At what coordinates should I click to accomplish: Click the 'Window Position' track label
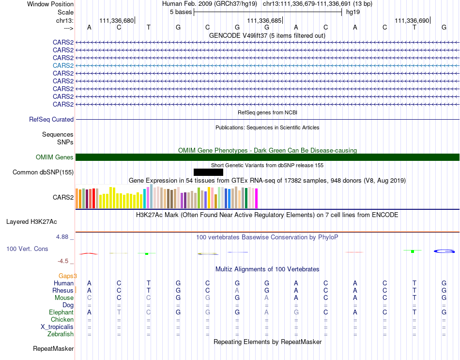50,4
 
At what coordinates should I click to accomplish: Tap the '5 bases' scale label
181,12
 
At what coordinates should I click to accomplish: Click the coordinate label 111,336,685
264,20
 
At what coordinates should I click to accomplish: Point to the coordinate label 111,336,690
412,20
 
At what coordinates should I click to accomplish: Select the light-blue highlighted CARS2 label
63,65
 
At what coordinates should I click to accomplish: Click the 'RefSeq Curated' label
51,120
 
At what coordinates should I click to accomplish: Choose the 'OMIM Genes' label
55,157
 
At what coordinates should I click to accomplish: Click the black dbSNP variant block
208,172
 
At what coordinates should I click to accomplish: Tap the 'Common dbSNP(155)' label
43,172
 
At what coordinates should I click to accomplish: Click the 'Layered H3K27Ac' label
31,222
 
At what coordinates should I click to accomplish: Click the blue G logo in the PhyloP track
444,251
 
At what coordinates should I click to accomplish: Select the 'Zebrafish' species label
61,334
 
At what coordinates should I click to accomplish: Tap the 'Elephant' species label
61,313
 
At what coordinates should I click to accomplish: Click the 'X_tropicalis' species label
57,327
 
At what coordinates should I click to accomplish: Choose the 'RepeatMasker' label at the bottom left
53,349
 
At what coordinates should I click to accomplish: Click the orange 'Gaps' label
66,276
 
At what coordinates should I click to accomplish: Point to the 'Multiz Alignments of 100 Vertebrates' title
267,269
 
